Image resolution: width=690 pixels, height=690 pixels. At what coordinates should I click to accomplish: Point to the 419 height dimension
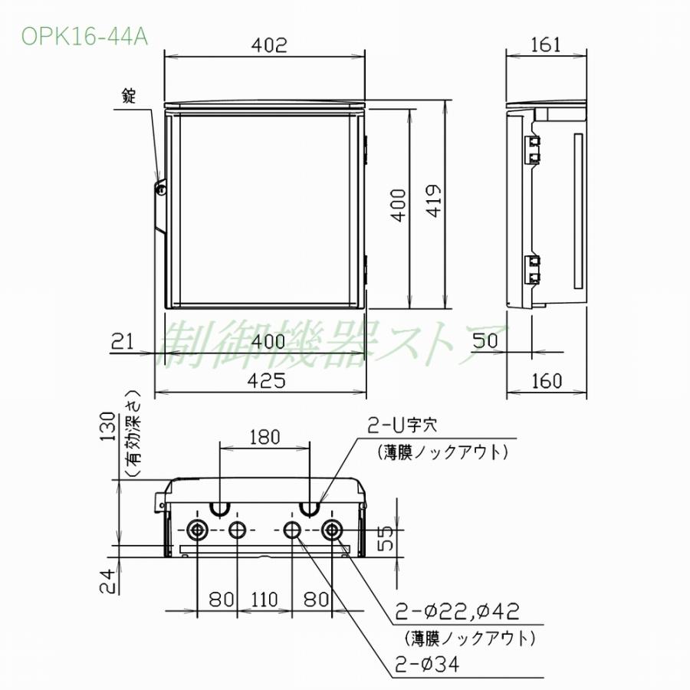[435, 202]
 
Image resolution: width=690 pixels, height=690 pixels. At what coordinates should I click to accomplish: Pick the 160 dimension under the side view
[546, 379]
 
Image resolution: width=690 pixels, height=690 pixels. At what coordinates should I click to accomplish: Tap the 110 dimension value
[264, 599]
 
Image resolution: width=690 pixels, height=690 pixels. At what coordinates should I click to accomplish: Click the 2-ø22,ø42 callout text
[458, 611]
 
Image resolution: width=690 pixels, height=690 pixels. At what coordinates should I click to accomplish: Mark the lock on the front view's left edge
[161, 188]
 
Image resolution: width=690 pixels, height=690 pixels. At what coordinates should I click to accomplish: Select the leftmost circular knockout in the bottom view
[197, 530]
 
